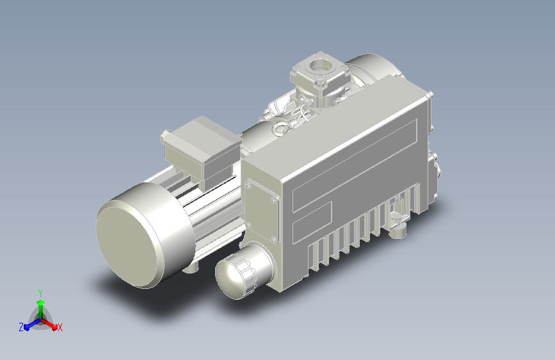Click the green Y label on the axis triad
[x=40, y=293]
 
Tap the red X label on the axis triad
[x=60, y=327]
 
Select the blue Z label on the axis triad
[x=21, y=327]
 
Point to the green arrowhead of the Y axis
[x=41, y=302]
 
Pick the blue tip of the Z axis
[x=28, y=327]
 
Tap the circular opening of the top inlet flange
[x=321, y=65]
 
